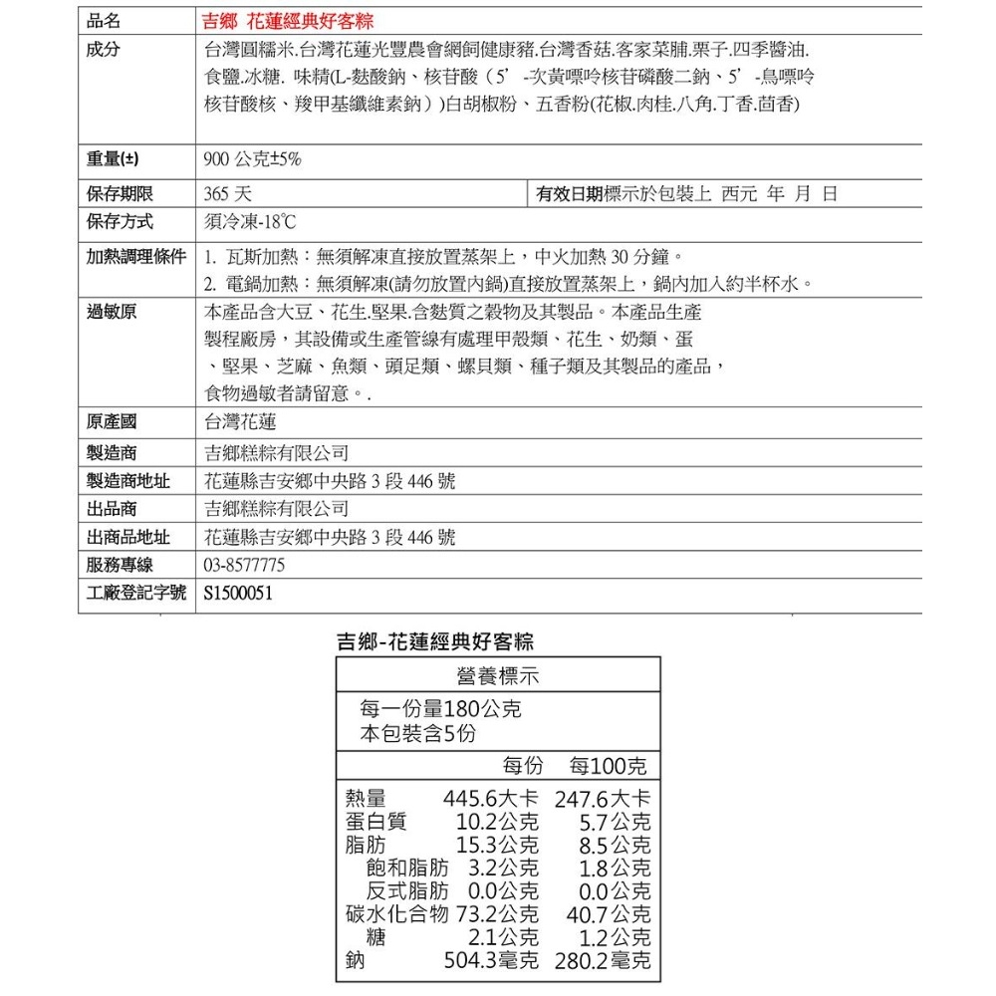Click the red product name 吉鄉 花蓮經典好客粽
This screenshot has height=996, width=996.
point(288,21)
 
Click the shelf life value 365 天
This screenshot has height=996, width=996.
point(227,193)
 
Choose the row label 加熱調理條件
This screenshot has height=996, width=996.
point(135,257)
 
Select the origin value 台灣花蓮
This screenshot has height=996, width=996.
point(240,422)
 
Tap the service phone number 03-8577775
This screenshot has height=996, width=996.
point(244,566)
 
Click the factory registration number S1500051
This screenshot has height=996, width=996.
point(237,594)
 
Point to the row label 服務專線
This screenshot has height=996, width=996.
point(120,566)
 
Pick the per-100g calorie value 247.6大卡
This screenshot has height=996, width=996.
point(603,799)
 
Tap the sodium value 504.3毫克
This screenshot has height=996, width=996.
point(490,961)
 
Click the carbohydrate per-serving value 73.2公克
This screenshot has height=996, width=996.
point(497,913)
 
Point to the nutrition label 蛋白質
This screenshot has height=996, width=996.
point(376,823)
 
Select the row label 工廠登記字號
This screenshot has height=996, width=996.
point(135,594)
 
